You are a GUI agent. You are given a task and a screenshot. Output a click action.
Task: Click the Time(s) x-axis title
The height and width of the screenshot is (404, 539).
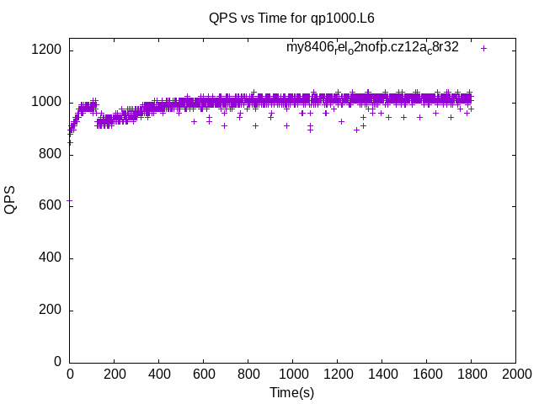[x=291, y=392]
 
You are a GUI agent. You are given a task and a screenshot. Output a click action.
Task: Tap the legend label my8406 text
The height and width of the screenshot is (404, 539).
[x=372, y=48]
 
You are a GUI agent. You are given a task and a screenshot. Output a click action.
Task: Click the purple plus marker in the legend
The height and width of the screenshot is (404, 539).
[x=484, y=48]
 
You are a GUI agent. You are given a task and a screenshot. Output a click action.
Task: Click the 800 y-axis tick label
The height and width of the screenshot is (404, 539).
[x=51, y=155]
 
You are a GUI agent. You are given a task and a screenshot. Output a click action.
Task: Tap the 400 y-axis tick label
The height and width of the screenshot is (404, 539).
[x=51, y=258]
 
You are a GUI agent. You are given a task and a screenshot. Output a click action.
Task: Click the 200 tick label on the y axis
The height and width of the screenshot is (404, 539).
[x=51, y=311]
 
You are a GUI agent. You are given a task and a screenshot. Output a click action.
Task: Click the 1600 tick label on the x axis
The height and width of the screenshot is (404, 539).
[x=426, y=374]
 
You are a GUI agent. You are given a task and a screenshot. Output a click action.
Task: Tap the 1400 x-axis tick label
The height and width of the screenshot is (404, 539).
[x=382, y=374]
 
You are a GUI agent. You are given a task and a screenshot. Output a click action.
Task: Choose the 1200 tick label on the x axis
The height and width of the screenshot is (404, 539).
[x=337, y=374]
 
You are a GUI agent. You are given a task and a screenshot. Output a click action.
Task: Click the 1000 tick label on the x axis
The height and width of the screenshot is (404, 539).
[x=292, y=374]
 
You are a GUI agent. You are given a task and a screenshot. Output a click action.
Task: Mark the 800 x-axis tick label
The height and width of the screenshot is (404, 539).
[x=248, y=374]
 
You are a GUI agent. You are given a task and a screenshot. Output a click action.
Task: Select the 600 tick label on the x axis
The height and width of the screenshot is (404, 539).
[x=203, y=374]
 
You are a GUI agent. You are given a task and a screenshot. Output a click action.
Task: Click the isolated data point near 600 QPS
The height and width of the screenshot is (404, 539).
[x=70, y=200]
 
